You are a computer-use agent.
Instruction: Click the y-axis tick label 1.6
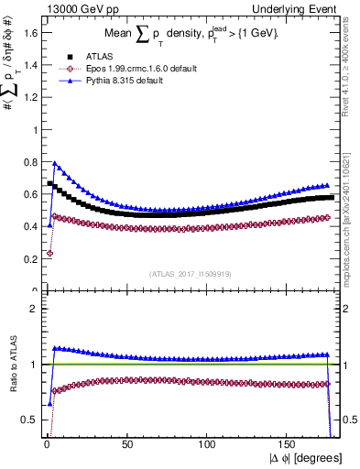(x=28, y=33)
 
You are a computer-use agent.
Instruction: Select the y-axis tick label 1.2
(x=28, y=97)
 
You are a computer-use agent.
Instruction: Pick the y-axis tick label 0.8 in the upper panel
(x=28, y=162)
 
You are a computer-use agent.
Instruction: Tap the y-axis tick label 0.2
(x=28, y=259)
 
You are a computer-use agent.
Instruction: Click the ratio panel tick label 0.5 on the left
(x=28, y=420)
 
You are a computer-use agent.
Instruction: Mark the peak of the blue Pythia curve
(x=54, y=164)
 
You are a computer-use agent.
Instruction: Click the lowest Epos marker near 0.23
(x=49, y=254)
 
